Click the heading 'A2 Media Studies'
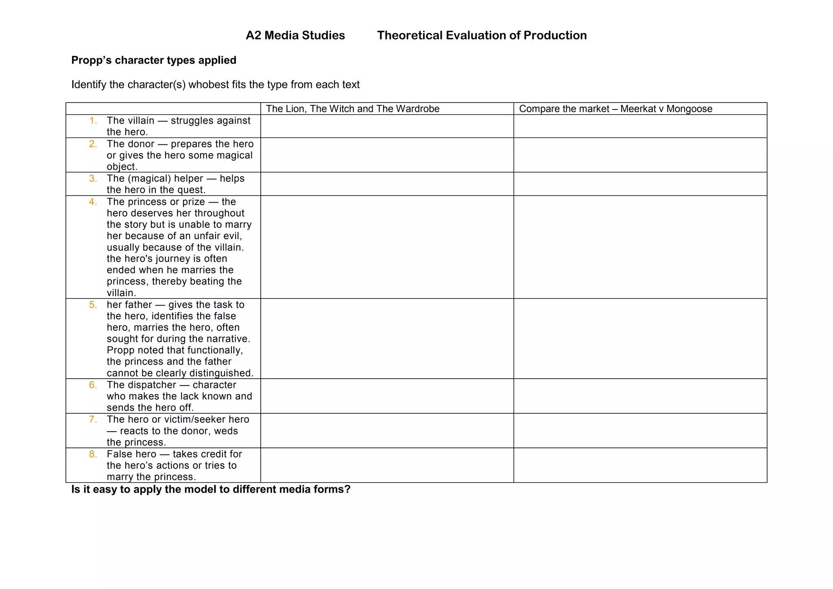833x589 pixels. [x=295, y=35]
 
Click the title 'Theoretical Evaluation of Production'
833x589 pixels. [x=482, y=35]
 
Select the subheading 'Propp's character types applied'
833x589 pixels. [x=154, y=60]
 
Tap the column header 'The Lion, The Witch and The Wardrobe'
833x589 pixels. [x=353, y=109]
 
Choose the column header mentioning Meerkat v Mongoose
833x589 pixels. [x=615, y=109]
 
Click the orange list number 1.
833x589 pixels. [x=93, y=120]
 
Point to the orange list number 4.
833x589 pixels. [x=93, y=202]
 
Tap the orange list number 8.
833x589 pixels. [x=93, y=454]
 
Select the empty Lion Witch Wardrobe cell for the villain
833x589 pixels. [x=387, y=126]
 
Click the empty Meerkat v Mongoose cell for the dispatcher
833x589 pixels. [x=640, y=396]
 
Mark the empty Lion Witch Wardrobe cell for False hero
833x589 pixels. [x=387, y=465]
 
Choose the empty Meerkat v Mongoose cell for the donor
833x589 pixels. [x=640, y=155]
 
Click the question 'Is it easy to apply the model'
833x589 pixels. [x=211, y=489]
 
